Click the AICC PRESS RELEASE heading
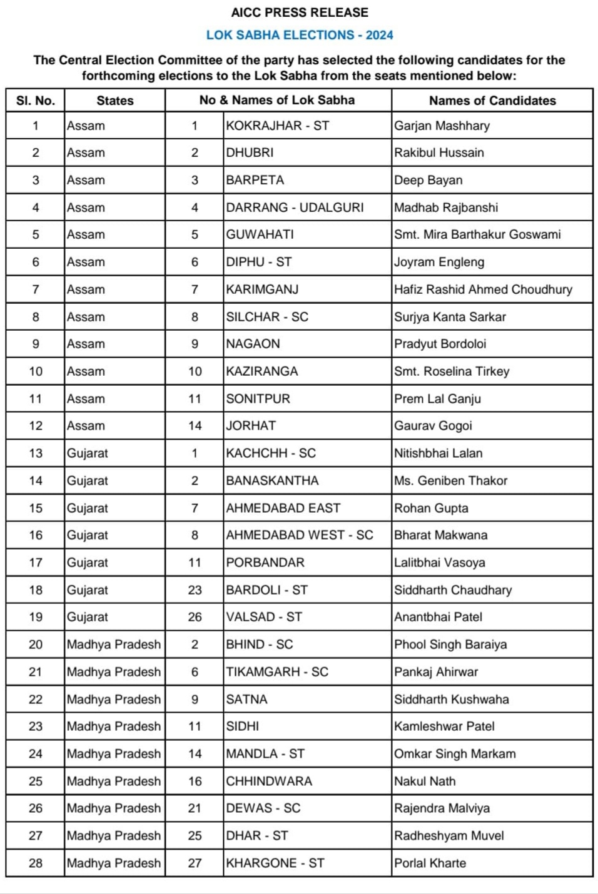(x=300, y=13)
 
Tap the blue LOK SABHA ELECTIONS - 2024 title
(x=300, y=36)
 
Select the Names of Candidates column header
(x=492, y=101)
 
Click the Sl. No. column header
(x=36, y=101)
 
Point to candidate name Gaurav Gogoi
(x=433, y=426)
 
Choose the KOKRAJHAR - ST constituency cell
(x=278, y=126)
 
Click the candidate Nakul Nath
(x=425, y=781)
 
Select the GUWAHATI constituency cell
(x=260, y=234)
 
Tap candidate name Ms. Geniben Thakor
(x=450, y=481)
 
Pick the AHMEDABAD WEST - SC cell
(x=300, y=535)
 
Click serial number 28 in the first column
(x=36, y=863)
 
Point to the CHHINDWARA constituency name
(x=269, y=781)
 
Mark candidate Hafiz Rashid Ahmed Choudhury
(x=483, y=289)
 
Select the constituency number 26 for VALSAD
(x=195, y=617)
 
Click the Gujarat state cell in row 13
(x=88, y=453)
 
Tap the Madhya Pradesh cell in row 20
(x=114, y=645)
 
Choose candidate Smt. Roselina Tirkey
(x=452, y=371)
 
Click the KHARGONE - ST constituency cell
(x=275, y=863)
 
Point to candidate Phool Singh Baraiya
(x=450, y=645)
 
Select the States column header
(x=115, y=101)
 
